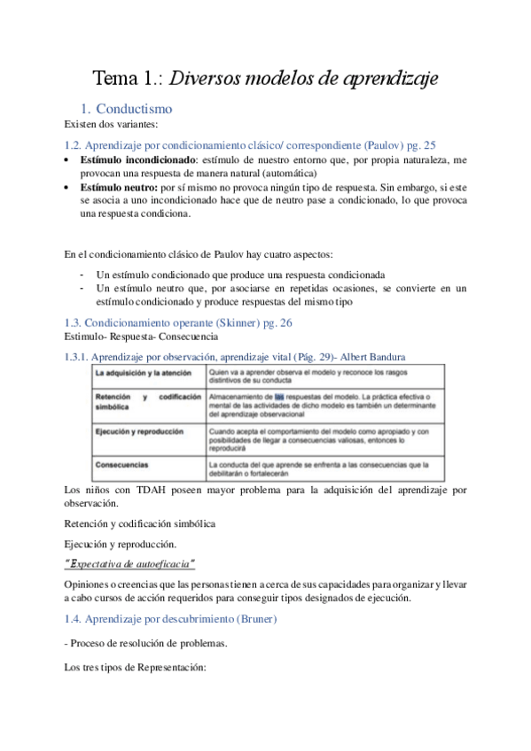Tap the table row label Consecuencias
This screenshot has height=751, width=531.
click(122, 463)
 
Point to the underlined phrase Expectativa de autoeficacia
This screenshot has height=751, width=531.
click(130, 564)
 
